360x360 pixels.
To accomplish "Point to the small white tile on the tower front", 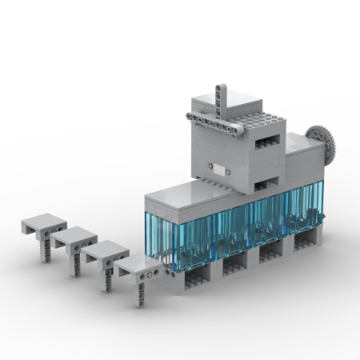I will [218, 169].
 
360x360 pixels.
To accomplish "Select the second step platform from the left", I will [74, 235].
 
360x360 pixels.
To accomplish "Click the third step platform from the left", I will [105, 250].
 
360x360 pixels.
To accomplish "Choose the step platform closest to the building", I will [138, 265].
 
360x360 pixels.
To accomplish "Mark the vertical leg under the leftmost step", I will [47, 241].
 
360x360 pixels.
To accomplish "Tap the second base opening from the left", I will [235, 265].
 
